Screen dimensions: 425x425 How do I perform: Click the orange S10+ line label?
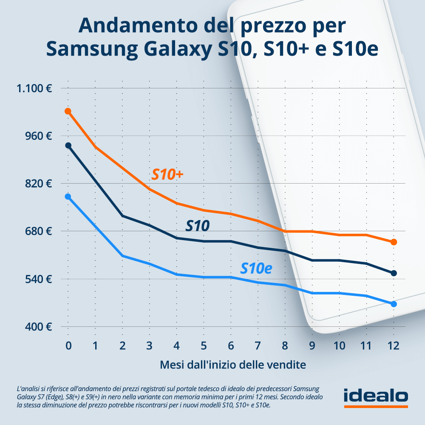(x=167, y=174)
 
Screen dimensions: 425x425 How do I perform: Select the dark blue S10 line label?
(x=198, y=226)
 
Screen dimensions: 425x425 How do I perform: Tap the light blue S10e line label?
(x=256, y=268)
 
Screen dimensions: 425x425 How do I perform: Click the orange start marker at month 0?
(x=68, y=111)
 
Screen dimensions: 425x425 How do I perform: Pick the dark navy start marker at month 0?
(x=68, y=145)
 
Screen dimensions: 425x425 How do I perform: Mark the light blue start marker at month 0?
(x=68, y=197)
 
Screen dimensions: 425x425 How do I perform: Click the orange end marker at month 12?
(x=394, y=242)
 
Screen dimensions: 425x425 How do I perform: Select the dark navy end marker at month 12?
(x=394, y=273)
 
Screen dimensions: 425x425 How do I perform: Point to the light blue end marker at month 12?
(x=394, y=304)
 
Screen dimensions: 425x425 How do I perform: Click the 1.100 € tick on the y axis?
(x=34, y=88)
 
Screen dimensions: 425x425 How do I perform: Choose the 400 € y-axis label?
(x=40, y=327)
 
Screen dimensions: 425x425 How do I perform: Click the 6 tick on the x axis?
(x=231, y=346)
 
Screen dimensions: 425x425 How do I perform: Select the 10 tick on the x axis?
(x=339, y=346)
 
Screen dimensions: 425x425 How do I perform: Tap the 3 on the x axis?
(x=149, y=346)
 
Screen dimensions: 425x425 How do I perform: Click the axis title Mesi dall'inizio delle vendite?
(x=233, y=365)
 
